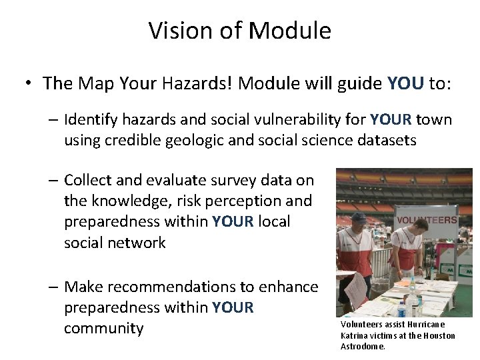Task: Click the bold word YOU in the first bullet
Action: [x=405, y=83]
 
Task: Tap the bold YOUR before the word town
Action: [x=391, y=120]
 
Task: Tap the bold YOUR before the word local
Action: [x=233, y=221]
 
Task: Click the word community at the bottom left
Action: [x=103, y=329]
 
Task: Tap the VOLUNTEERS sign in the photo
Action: [x=426, y=219]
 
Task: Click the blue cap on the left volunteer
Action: [x=358, y=217]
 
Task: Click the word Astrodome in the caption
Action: [x=363, y=347]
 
